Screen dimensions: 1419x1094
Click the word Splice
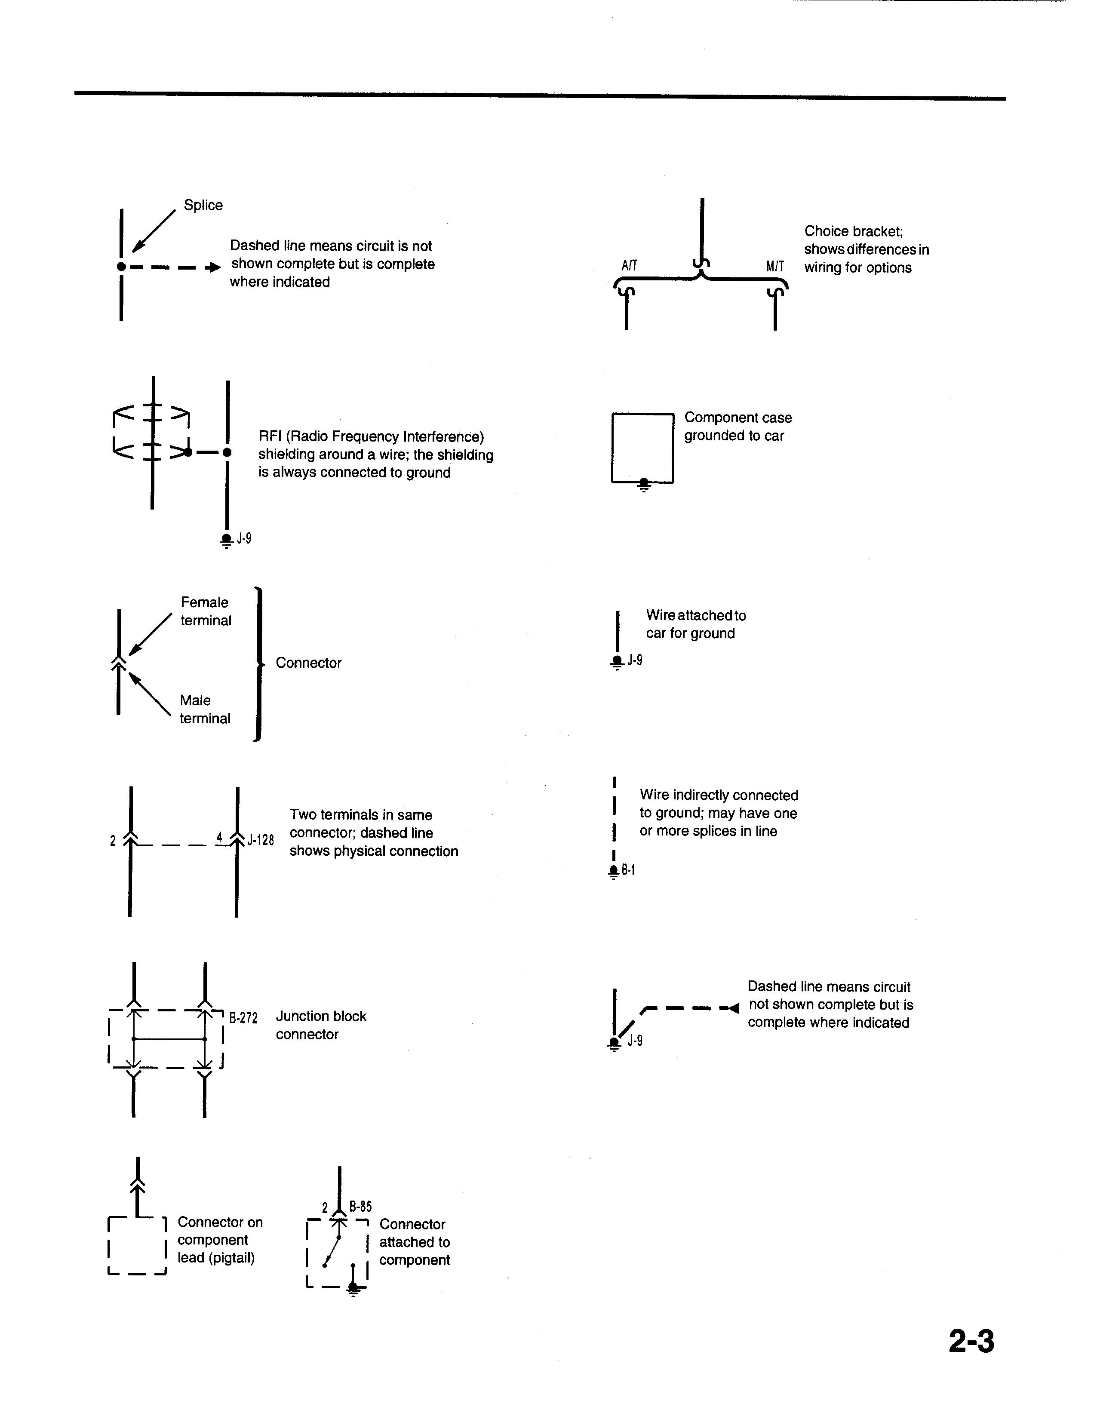tap(203, 205)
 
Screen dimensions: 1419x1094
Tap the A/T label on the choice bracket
tap(629, 266)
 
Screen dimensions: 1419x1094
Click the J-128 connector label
tap(261, 840)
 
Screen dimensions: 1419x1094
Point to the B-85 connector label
tap(360, 1207)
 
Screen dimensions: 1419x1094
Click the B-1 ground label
tap(628, 870)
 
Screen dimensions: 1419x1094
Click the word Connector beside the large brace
tap(308, 663)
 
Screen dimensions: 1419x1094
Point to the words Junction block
tap(321, 1016)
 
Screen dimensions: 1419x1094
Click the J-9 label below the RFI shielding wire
tap(244, 539)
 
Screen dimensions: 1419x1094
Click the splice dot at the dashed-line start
tap(121, 267)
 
